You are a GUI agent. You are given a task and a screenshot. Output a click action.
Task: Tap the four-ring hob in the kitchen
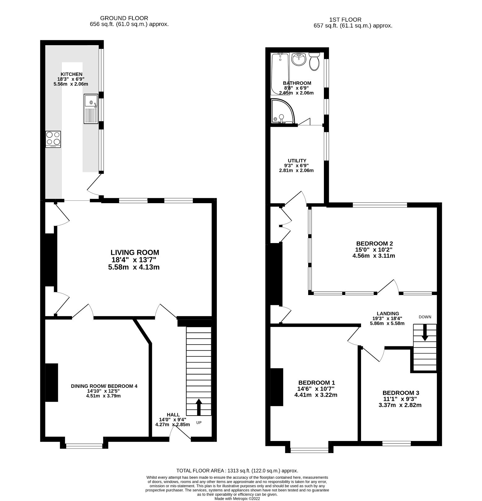coord(53,139)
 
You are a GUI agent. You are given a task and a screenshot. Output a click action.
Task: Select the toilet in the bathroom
coord(314,61)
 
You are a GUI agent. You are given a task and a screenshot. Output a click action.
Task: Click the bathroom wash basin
coord(299,59)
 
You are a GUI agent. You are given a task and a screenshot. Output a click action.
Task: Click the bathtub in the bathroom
coord(280,74)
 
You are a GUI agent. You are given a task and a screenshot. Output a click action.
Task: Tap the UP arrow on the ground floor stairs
coord(199,406)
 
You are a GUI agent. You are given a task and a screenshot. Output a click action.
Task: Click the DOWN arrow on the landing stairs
coord(425,332)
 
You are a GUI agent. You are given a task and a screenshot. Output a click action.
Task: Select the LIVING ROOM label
coord(135,252)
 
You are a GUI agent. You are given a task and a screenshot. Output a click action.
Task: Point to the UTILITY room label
coord(297,161)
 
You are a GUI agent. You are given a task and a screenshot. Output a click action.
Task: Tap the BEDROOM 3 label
coord(401,393)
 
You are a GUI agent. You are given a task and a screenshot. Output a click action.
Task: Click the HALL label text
coord(173,415)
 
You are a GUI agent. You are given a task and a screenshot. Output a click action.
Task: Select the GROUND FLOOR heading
coord(124,18)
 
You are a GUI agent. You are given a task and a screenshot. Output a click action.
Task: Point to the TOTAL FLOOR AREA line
coord(237,471)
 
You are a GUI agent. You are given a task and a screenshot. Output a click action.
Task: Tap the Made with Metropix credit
coord(237,499)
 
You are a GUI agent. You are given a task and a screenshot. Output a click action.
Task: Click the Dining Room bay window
coord(84,446)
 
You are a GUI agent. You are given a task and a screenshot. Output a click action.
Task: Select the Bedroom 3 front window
coord(396,443)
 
